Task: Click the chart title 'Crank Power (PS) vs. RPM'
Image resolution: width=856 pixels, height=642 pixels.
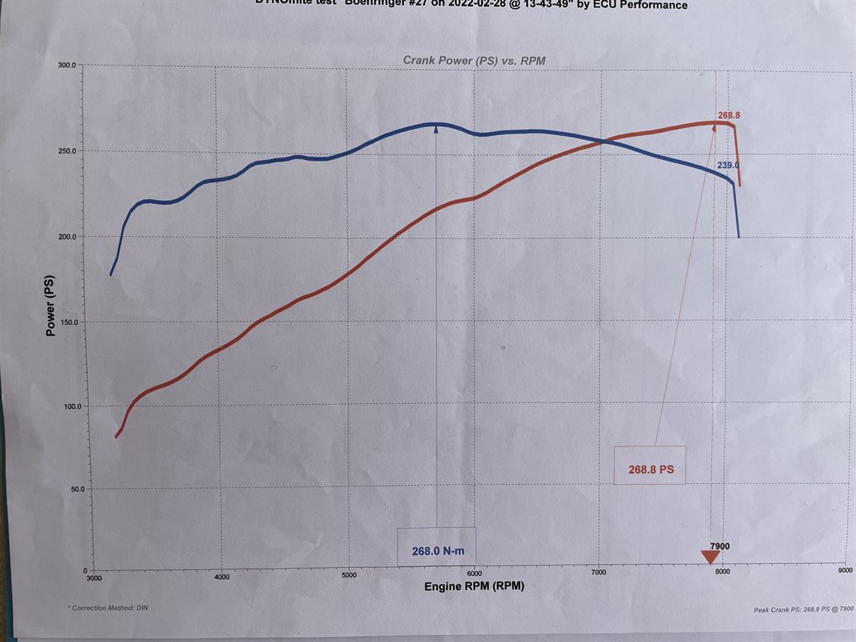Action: [x=474, y=60]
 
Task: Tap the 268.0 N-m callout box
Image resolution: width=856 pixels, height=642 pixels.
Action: [x=438, y=550]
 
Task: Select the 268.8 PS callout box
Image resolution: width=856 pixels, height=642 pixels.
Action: [x=650, y=469]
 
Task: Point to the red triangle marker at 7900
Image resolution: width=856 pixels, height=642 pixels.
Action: [x=710, y=557]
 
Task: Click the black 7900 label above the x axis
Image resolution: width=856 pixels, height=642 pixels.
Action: [x=719, y=546]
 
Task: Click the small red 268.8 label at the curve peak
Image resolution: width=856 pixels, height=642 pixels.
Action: [x=728, y=116]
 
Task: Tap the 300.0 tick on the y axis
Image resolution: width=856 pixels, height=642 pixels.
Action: [x=67, y=65]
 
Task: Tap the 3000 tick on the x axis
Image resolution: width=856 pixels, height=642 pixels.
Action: [x=94, y=578]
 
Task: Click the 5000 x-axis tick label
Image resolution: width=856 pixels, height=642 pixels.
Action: [x=348, y=577]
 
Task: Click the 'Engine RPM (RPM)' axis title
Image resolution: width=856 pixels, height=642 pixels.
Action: [x=474, y=586]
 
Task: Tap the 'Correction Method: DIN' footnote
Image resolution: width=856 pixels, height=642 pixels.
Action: [x=108, y=607]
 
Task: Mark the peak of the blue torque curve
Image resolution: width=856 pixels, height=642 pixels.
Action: [x=436, y=124]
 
